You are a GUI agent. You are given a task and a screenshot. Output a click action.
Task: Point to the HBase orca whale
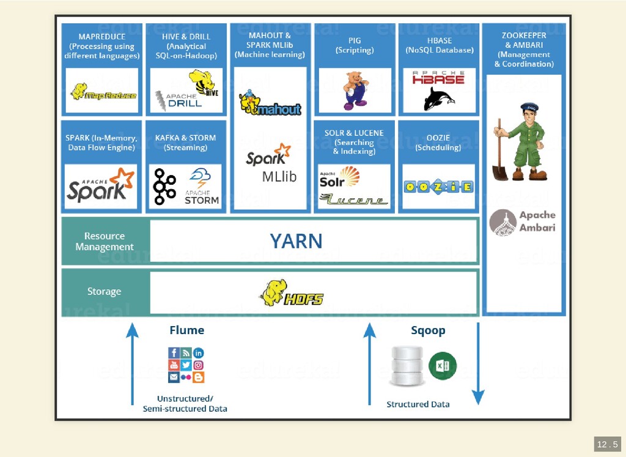point(438,98)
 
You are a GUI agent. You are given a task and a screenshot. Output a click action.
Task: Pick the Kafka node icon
point(164,186)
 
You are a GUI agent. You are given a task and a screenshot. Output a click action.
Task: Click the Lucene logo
point(354,199)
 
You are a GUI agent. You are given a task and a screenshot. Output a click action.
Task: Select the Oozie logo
point(438,187)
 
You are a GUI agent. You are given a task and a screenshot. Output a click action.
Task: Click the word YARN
point(296,241)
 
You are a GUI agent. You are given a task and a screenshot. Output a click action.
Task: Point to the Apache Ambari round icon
point(503,223)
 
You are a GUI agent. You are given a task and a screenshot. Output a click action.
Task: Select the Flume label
point(186,330)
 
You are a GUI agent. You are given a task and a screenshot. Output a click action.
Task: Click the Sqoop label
point(428,330)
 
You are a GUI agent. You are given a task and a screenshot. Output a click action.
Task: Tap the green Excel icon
point(443,366)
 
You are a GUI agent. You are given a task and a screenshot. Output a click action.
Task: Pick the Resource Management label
point(105,242)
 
